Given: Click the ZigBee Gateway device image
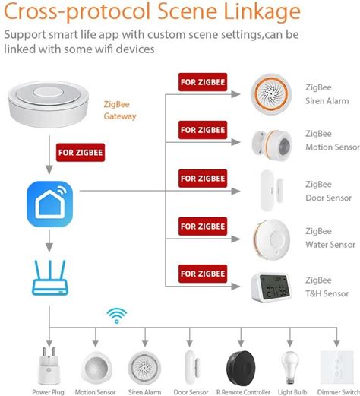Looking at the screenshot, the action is coord(48,104).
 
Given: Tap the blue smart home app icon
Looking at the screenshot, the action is coord(49,204).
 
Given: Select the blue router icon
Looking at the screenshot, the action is coord(50,277).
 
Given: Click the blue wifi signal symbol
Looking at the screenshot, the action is coord(117,315).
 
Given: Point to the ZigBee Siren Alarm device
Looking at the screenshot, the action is coord(271,94).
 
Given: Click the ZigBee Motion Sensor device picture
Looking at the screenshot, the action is coord(272,143).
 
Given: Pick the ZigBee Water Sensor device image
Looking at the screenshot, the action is coord(271,239).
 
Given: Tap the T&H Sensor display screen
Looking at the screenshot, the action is coord(275,287).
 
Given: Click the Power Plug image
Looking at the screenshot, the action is coord(49,366).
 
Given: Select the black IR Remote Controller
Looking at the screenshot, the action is coord(241,368).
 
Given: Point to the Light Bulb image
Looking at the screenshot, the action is coord(290,368).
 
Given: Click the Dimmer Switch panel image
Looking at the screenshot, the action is coord(336,367).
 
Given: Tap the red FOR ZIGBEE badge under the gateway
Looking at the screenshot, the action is coord(81,152).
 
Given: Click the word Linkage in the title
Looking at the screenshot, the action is coord(262,11).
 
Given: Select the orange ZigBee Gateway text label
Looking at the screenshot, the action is coord(120,110).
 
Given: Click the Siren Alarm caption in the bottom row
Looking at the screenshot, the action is coord(144,392).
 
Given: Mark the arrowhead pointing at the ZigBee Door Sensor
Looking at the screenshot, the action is coord(235,191).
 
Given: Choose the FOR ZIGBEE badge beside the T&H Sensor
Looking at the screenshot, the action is coord(203,274).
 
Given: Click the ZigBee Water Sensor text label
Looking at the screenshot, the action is coord(330,238).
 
